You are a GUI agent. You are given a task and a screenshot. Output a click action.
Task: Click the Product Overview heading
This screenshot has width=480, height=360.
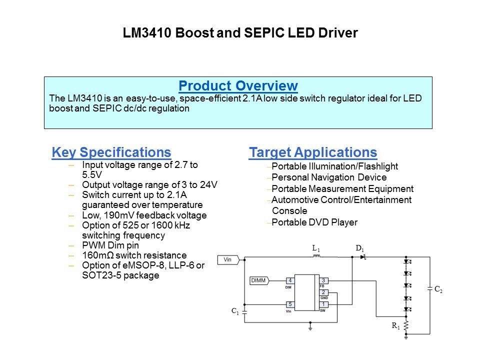click(238, 85)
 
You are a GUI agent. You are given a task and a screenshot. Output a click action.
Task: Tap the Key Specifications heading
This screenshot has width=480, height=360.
click(111, 152)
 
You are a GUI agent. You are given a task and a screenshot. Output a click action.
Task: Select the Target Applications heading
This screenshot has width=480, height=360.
click(313, 152)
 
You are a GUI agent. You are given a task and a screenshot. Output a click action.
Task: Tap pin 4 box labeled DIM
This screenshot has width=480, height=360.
click(290, 280)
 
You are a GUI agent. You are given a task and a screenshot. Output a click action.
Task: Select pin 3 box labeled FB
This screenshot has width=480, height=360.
click(323, 280)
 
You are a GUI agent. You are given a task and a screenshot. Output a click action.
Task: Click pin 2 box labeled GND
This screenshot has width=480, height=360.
click(323, 292)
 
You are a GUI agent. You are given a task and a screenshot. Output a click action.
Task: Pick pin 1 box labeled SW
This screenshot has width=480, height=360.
click(323, 304)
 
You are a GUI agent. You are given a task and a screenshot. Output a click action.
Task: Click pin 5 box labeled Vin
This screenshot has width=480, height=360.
click(290, 304)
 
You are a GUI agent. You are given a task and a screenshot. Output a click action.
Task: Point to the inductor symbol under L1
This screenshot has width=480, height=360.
click(317, 256)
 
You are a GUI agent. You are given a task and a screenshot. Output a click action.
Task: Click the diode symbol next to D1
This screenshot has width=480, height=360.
click(363, 257)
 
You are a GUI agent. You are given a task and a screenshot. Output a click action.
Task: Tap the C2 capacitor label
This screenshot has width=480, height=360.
click(438, 289)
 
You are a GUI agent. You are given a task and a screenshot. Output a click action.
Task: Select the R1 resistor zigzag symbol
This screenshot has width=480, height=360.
click(406, 325)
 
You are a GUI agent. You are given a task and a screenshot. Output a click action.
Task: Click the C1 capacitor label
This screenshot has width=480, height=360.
click(235, 311)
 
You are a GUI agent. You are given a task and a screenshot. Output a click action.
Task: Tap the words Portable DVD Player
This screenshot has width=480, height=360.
click(314, 222)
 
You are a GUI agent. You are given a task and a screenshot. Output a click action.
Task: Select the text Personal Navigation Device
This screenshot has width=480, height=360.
click(329, 177)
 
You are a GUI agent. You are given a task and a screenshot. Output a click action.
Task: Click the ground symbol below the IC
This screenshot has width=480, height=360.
click(310, 327)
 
